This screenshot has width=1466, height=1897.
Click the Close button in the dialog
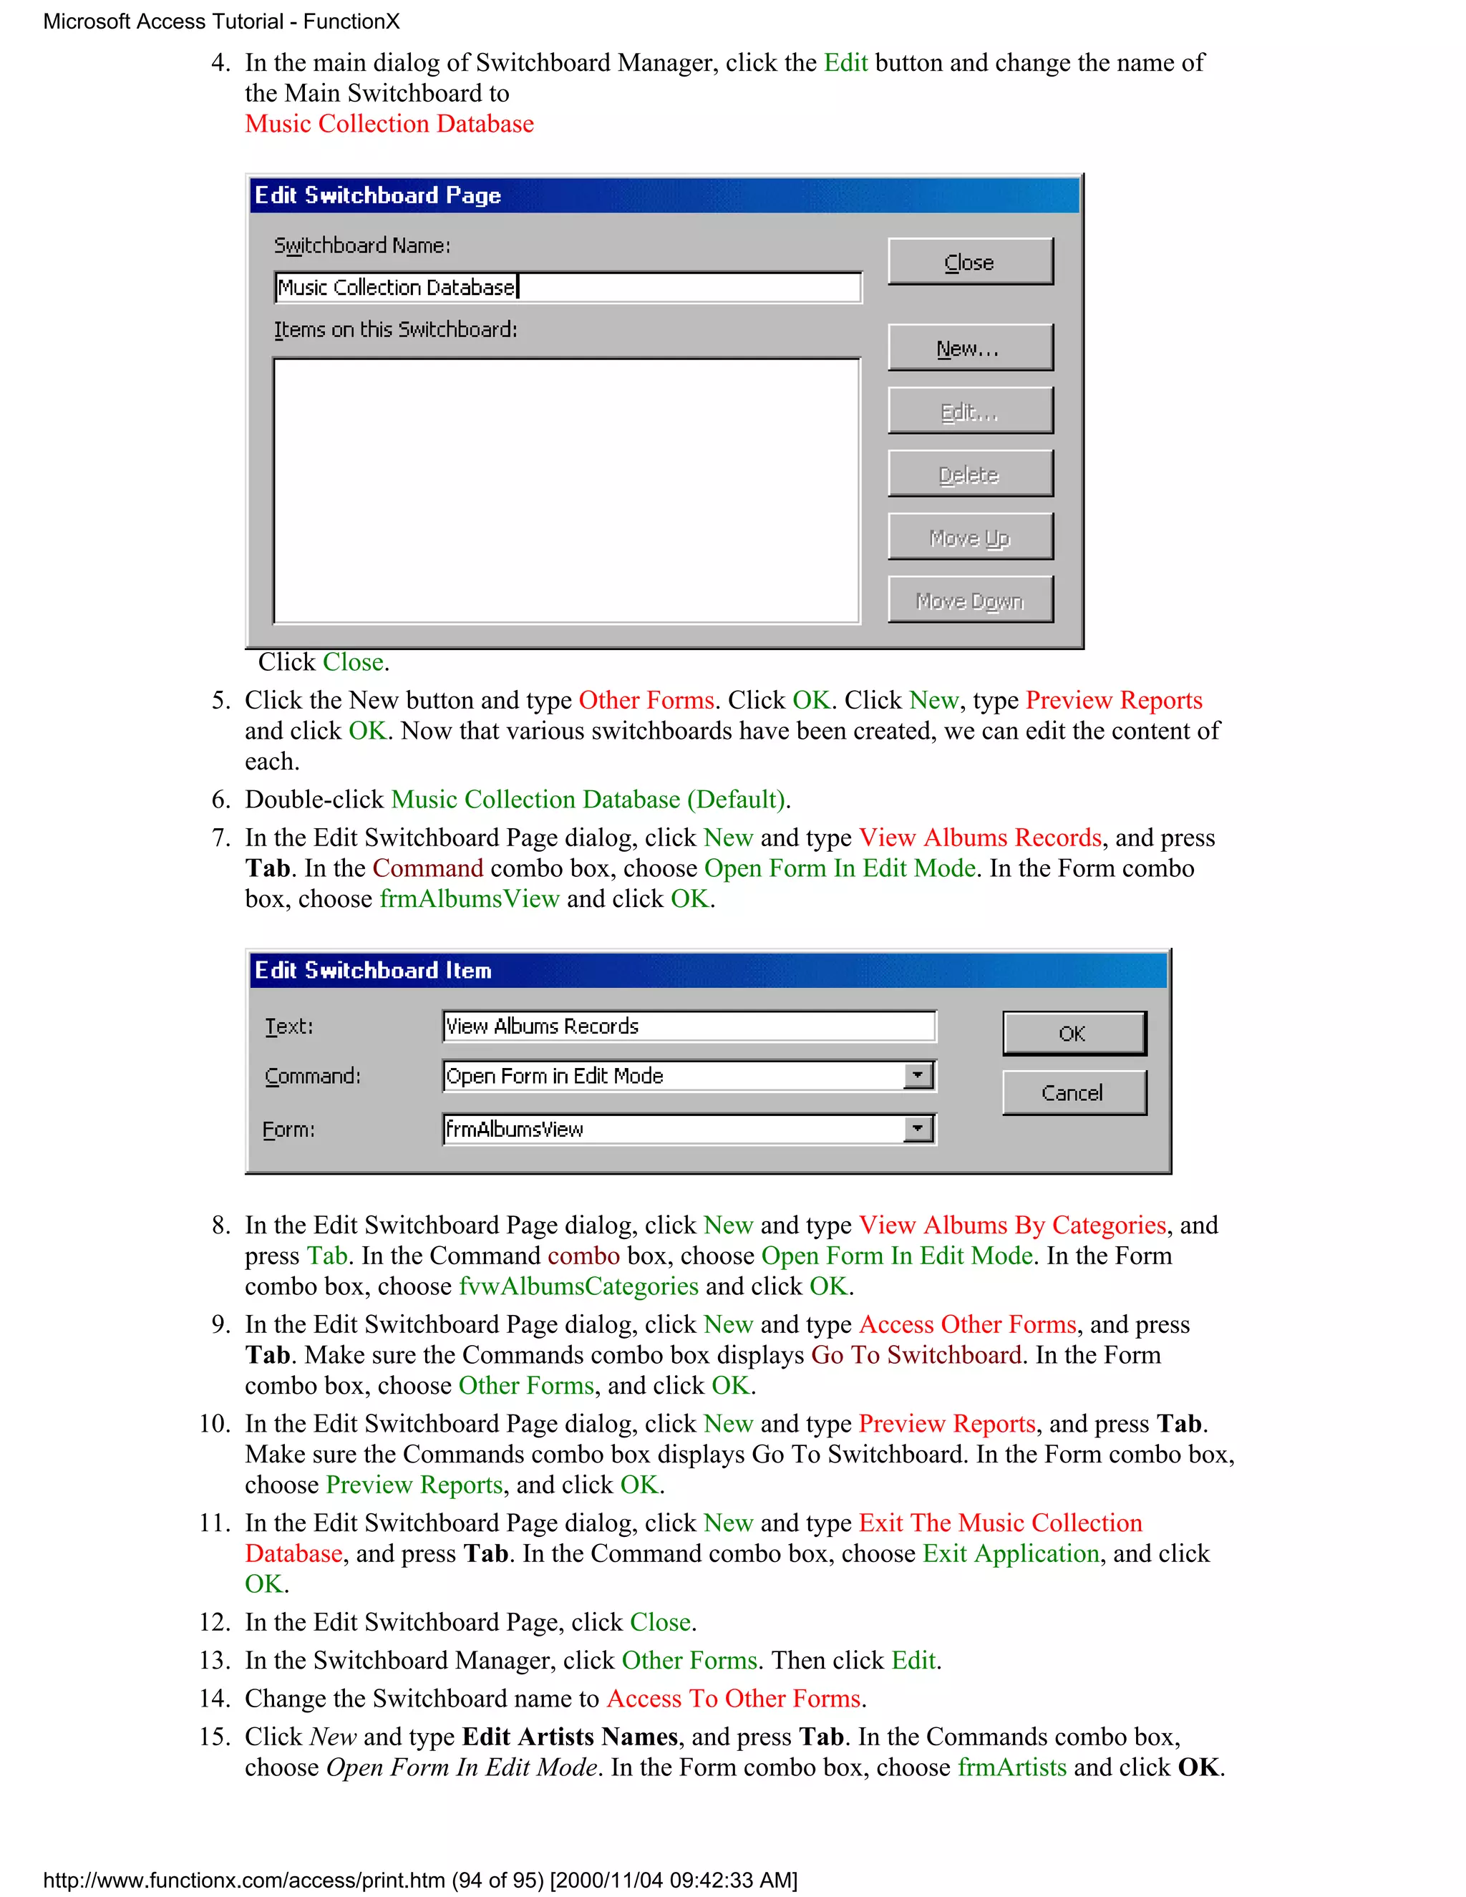[969, 261]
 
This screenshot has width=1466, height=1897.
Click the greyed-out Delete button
[969, 473]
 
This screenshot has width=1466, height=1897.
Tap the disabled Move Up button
[969, 537]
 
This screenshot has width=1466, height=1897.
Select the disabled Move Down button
[969, 600]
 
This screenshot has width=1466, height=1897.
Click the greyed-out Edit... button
[969, 411]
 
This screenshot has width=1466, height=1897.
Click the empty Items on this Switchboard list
[566, 491]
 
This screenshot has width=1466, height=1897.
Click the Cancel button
[1074, 1092]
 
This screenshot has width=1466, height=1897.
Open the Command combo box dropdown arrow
[918, 1075]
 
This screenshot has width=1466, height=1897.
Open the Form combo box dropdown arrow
[918, 1129]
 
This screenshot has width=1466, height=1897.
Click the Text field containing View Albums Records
[688, 1026]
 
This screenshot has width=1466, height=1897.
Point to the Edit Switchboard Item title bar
[708, 970]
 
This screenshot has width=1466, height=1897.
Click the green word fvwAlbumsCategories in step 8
[578, 1286]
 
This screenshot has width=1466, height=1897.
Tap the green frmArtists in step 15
[1011, 1767]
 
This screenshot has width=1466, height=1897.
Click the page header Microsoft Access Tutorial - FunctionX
[221, 21]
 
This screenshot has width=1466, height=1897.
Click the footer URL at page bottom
[419, 1881]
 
